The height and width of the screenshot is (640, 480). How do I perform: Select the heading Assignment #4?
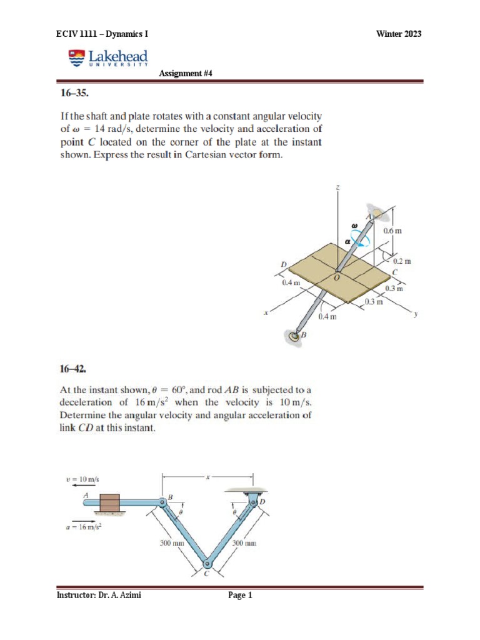pos(186,73)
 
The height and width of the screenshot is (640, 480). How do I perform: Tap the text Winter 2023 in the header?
pos(399,34)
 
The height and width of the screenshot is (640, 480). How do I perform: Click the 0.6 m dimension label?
pos(392,231)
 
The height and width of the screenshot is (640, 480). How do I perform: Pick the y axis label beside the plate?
pos(415,315)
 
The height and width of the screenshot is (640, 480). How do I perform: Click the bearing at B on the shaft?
pos(294,337)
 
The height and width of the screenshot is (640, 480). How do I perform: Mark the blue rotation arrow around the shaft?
pos(358,238)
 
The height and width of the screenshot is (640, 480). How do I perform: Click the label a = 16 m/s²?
pos(83,526)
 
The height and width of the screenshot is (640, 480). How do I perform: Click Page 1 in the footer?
pos(240,596)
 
